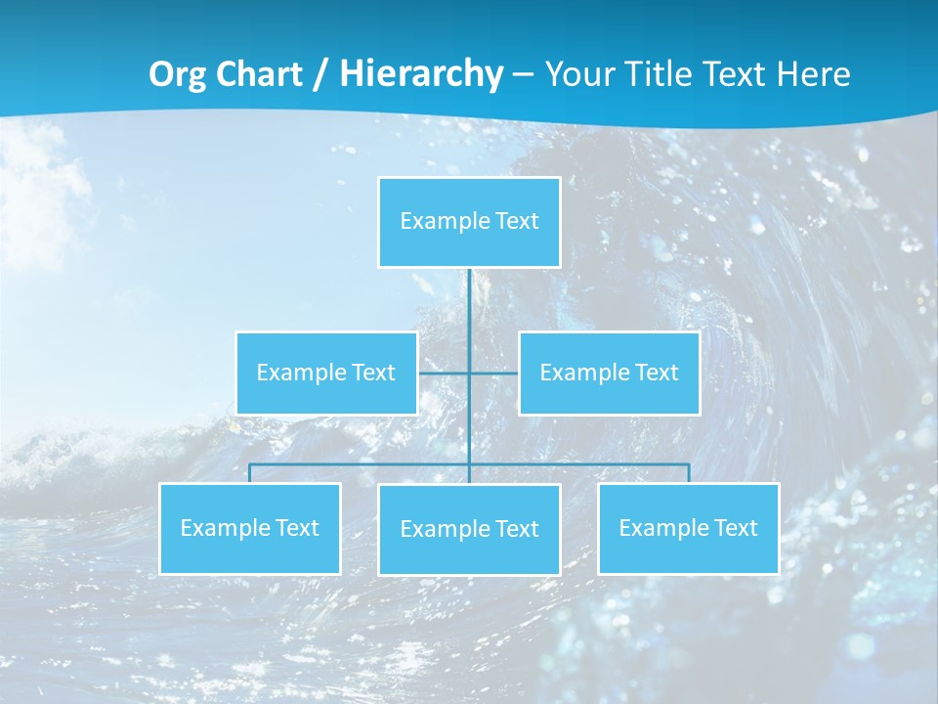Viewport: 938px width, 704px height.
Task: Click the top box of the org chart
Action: click(469, 222)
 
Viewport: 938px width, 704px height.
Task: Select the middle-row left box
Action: click(326, 373)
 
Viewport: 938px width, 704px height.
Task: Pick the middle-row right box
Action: click(609, 373)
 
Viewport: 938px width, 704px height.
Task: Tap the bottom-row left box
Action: click(249, 528)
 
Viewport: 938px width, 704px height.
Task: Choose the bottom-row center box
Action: click(469, 529)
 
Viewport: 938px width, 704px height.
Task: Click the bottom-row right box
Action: click(688, 528)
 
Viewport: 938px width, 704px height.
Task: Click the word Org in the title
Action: click(177, 74)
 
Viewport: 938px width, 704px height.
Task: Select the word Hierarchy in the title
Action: click(421, 74)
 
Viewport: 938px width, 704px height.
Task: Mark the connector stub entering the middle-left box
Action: click(443, 373)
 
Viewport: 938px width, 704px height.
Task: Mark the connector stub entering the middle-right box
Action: click(494, 373)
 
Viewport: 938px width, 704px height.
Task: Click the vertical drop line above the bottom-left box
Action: click(249, 473)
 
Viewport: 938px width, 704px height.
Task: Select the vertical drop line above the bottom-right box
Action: click(688, 473)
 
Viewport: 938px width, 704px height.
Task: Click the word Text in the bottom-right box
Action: click(735, 528)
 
